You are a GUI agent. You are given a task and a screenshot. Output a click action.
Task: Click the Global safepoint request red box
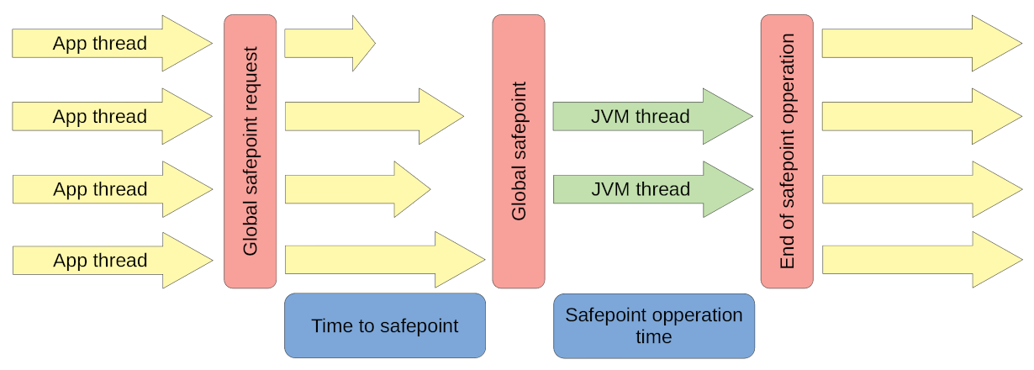point(250,151)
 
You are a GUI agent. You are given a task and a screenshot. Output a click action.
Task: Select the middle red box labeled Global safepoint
point(519,151)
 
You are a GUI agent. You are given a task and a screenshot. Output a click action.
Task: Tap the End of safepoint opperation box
point(788,151)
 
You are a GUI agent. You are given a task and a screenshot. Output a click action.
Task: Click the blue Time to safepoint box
point(385,325)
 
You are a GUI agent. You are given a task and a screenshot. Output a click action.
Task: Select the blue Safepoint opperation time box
point(653,325)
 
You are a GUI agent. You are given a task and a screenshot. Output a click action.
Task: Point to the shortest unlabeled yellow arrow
point(328,44)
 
